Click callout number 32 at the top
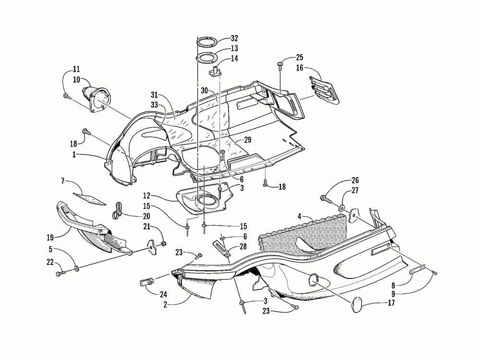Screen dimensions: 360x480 coord(234,38)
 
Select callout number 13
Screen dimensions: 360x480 coord(234,48)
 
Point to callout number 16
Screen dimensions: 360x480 coord(300,69)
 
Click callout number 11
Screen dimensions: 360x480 coord(77,69)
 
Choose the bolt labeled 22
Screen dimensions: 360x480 coord(61,273)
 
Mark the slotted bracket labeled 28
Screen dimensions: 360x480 coord(224,250)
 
